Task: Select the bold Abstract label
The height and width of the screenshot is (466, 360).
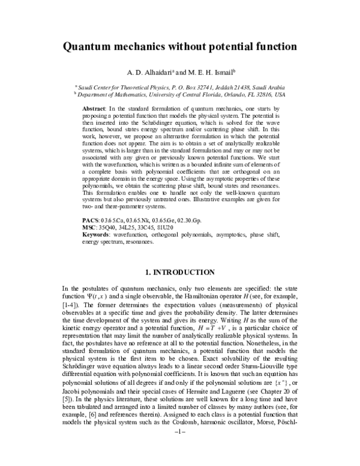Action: tap(92, 106)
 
